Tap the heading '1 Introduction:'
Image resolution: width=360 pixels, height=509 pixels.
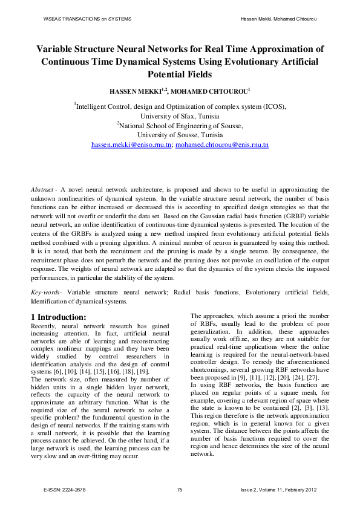pos(58,317)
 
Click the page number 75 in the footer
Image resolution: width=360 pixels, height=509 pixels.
pos(180,490)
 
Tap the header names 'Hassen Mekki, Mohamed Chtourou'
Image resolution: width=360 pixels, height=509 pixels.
pos(279,19)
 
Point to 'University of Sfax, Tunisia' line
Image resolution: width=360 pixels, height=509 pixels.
pos(180,115)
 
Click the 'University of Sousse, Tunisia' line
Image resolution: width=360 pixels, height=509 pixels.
pos(180,135)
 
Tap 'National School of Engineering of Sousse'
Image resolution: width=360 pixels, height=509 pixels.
pos(181,125)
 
